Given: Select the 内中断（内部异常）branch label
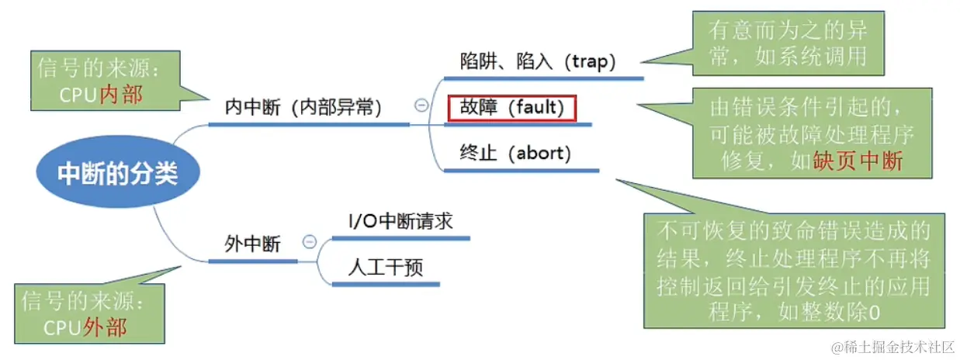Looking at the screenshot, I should click(304, 108).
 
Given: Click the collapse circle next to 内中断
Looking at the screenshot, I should click(421, 106).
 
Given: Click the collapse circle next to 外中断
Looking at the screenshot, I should click(309, 242).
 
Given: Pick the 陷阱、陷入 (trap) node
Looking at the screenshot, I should click(537, 62).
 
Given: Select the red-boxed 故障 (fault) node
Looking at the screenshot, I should click(511, 107).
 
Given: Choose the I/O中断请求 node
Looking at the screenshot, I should click(400, 221).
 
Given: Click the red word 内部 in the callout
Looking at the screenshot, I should click(122, 95).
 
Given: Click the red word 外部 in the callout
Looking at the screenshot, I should click(105, 327).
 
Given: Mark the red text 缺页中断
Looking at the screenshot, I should click(858, 161).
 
